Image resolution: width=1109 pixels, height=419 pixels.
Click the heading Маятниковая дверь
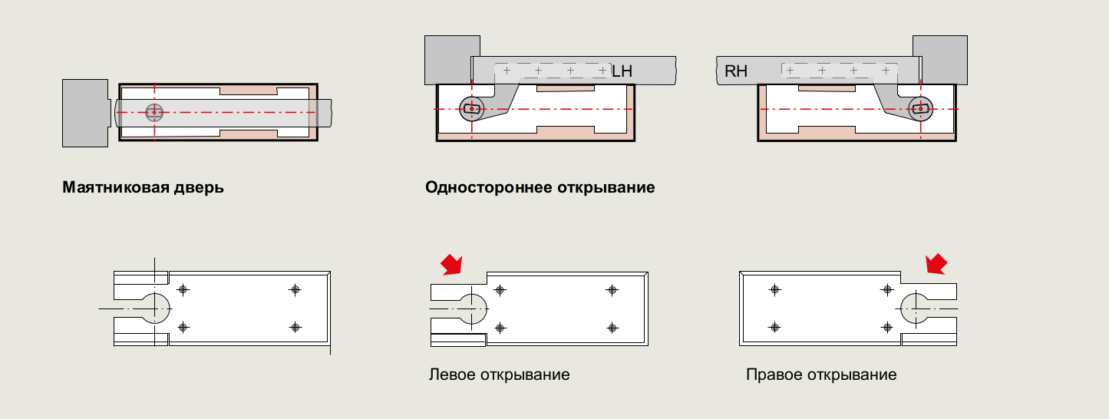143,187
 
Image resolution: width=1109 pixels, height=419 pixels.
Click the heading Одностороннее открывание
540,187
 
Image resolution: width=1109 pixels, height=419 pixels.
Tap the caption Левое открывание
499,375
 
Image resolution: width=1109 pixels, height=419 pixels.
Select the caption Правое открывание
821,375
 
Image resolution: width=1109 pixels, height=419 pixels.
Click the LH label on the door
622,71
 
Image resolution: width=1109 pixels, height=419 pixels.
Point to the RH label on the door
736,72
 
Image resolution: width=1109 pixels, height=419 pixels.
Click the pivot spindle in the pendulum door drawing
154,113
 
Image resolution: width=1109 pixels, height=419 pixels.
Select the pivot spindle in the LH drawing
471,109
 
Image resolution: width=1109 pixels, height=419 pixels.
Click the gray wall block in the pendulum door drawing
84,112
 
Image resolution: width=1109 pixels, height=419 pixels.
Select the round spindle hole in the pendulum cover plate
154,308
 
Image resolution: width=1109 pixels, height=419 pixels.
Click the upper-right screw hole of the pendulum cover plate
295,289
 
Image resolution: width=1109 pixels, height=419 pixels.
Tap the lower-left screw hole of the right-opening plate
774,328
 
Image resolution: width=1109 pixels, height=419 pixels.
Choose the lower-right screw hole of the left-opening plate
612,328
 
